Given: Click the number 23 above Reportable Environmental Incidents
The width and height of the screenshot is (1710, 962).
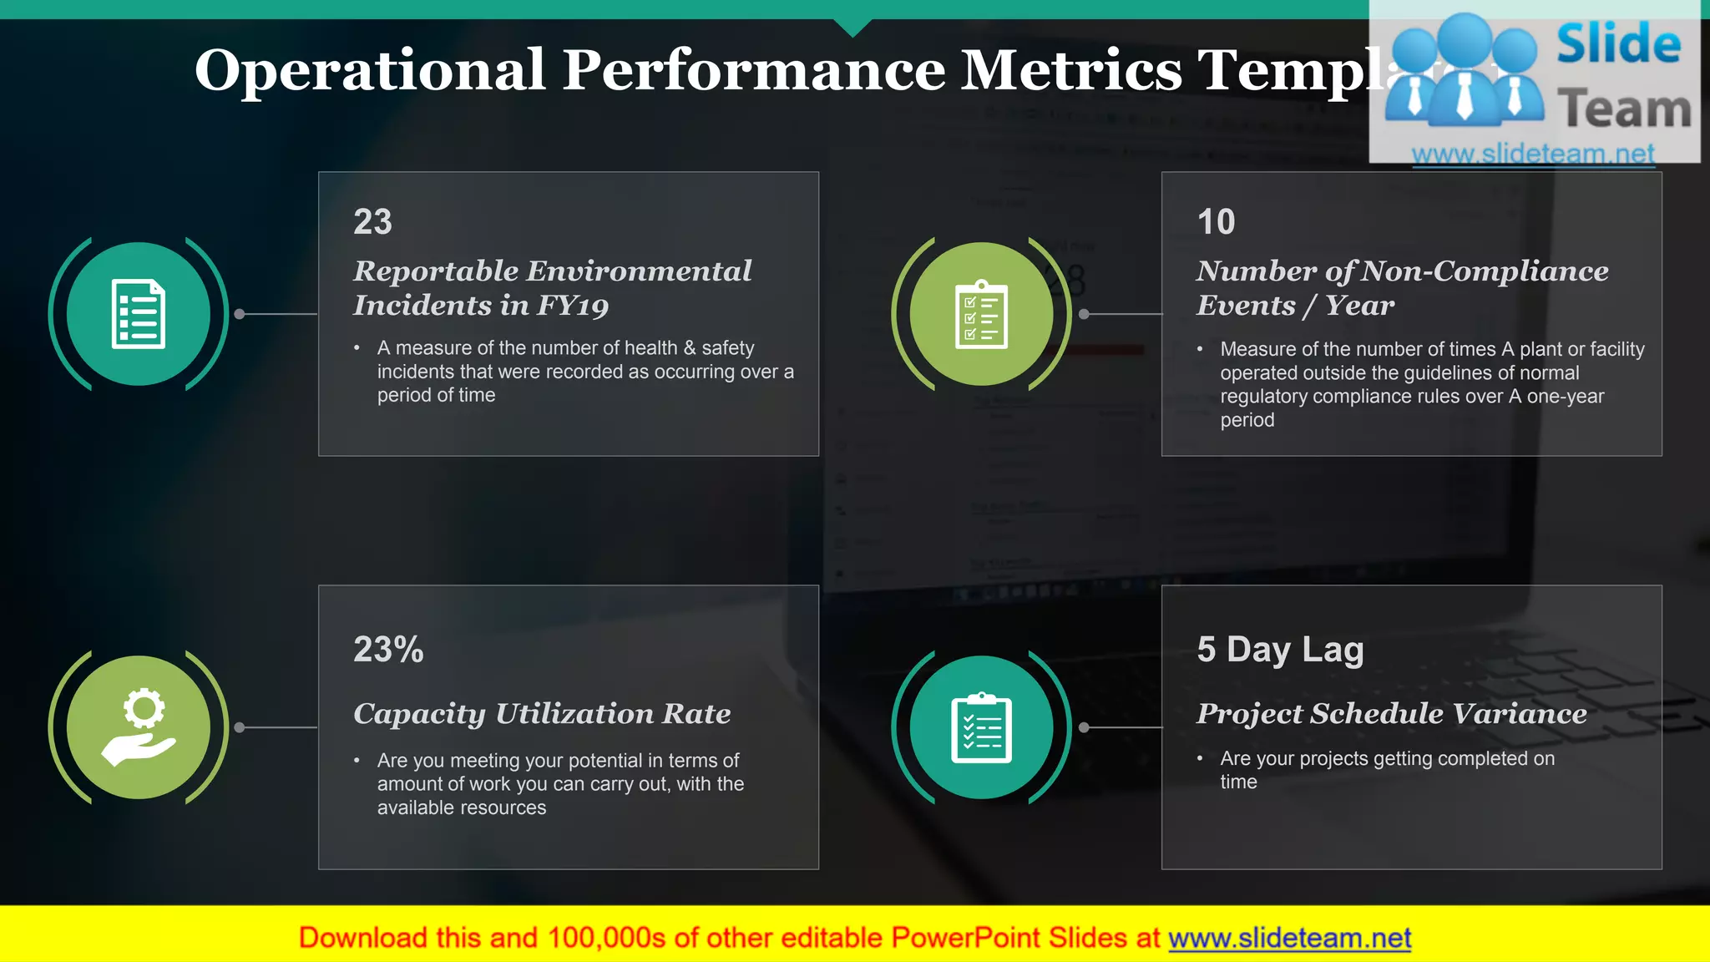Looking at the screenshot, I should (x=372, y=222).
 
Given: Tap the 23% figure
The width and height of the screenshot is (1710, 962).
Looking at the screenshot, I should (x=388, y=650).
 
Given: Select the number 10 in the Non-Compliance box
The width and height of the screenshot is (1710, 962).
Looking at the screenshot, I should (x=1216, y=222).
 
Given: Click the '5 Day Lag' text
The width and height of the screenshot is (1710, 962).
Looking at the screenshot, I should (x=1280, y=650).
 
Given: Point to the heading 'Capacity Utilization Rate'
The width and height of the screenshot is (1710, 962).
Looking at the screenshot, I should (x=542, y=714).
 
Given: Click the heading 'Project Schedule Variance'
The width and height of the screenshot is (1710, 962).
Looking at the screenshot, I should (x=1391, y=714).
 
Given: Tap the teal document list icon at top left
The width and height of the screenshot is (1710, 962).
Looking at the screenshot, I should (x=139, y=314).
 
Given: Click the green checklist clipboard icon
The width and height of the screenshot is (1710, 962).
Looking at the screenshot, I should (x=982, y=314).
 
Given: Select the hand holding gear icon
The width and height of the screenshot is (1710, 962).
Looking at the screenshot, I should (x=139, y=727).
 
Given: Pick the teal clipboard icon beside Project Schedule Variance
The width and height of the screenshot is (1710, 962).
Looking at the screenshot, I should (x=982, y=727).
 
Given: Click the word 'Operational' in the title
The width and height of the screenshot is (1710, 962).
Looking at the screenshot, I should (x=370, y=70).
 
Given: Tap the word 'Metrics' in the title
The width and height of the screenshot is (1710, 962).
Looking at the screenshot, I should (x=1071, y=70).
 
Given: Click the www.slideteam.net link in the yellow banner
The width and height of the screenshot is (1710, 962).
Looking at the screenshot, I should (x=1289, y=939).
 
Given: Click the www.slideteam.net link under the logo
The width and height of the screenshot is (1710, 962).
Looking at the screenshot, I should (x=1533, y=154).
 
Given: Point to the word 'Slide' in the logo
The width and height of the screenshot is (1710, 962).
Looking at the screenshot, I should (x=1618, y=45).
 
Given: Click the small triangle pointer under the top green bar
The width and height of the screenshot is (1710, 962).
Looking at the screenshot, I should (x=852, y=28).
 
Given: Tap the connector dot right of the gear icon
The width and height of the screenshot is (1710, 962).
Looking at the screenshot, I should (x=240, y=727).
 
